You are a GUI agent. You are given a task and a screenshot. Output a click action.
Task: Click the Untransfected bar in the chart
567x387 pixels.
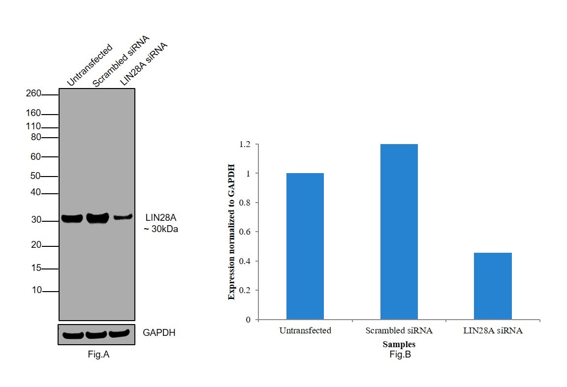click(x=305, y=246)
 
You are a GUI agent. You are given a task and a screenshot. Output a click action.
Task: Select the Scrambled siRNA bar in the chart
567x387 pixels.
click(x=399, y=231)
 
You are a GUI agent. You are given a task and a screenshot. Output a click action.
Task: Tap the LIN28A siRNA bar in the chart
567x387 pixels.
click(x=493, y=286)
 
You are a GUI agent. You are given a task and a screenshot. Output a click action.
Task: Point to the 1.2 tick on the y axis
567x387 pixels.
click(x=245, y=145)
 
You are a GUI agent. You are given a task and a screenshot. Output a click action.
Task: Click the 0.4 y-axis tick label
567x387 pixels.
click(x=245, y=261)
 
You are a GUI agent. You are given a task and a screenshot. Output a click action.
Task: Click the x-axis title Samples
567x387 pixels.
click(x=399, y=344)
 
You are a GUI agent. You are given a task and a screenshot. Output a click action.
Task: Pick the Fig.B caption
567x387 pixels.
click(x=399, y=354)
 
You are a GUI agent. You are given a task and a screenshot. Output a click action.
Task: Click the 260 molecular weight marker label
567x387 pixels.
click(x=33, y=94)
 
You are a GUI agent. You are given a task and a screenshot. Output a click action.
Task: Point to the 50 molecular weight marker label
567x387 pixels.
click(x=35, y=176)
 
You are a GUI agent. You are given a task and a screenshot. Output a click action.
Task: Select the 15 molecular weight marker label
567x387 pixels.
click(x=36, y=268)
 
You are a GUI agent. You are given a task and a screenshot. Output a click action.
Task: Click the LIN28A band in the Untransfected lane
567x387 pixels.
click(x=72, y=218)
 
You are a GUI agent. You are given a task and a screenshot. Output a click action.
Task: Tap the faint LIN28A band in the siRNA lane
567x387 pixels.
click(x=123, y=216)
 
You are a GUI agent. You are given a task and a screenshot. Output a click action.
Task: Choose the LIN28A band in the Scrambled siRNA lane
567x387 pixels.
click(x=97, y=218)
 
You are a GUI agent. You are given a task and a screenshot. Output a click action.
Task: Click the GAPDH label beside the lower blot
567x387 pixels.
click(x=159, y=333)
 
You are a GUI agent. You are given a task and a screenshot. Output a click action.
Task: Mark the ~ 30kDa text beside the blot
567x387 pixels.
click(x=161, y=229)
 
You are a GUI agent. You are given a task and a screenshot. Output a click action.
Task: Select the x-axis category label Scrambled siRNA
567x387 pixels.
click(x=399, y=330)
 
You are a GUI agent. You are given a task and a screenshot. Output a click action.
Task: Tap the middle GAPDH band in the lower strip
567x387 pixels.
click(x=96, y=335)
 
